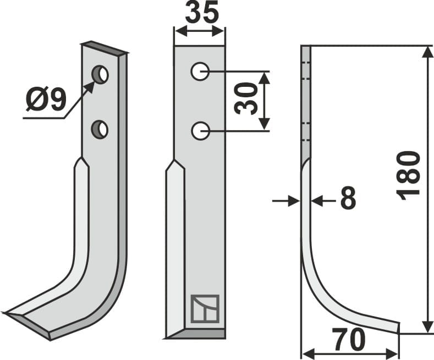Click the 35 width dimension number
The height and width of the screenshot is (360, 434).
[x=202, y=13]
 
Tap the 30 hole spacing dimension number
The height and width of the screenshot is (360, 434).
[x=246, y=99]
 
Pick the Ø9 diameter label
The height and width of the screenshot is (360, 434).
[x=46, y=100]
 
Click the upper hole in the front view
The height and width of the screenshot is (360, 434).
[x=200, y=71]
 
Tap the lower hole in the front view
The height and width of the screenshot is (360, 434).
[x=200, y=131]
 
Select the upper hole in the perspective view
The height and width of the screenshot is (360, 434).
[x=100, y=74]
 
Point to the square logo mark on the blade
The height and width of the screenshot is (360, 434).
[x=205, y=308]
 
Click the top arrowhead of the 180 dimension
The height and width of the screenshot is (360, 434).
[x=427, y=52]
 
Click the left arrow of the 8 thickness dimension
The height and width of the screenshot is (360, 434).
[x=294, y=201]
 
